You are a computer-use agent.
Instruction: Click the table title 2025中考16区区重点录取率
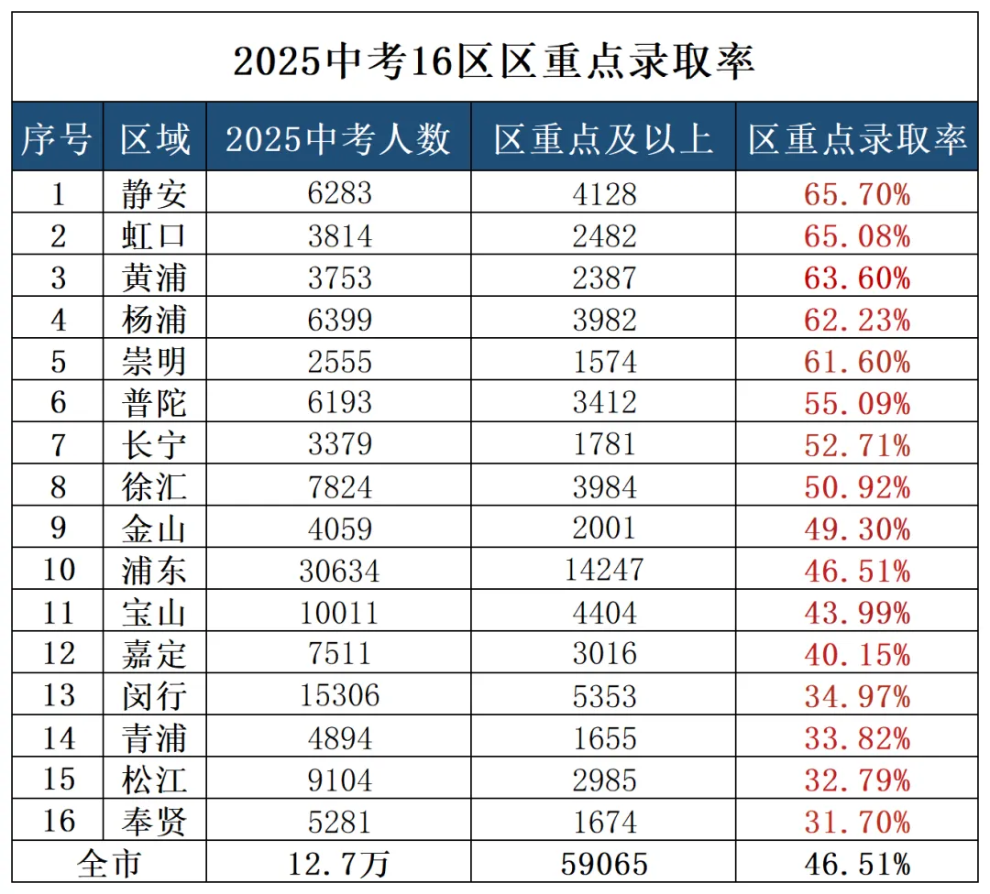point(494,61)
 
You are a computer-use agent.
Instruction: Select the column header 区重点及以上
point(603,139)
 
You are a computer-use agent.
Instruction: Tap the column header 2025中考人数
point(338,139)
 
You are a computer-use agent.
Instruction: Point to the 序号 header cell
point(58,139)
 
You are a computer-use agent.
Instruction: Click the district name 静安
point(154,194)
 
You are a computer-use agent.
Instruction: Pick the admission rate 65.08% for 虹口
point(857,236)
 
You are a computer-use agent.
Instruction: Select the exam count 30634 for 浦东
point(338,572)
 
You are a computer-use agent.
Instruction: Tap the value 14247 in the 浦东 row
point(603,572)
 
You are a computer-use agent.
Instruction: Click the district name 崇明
point(154,362)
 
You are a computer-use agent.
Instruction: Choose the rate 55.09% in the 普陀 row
point(857,404)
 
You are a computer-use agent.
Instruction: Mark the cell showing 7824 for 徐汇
point(338,487)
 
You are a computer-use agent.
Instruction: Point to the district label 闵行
point(154,696)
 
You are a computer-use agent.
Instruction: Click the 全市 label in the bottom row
point(109,864)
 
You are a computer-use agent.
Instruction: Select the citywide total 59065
point(603,864)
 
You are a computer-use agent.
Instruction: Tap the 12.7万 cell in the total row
point(338,864)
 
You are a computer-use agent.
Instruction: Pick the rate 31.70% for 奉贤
point(857,821)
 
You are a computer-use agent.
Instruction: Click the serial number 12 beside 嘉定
point(58,654)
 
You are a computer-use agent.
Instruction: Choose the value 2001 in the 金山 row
point(603,529)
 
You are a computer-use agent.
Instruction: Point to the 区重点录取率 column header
point(857,139)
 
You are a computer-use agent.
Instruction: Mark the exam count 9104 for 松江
point(338,780)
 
